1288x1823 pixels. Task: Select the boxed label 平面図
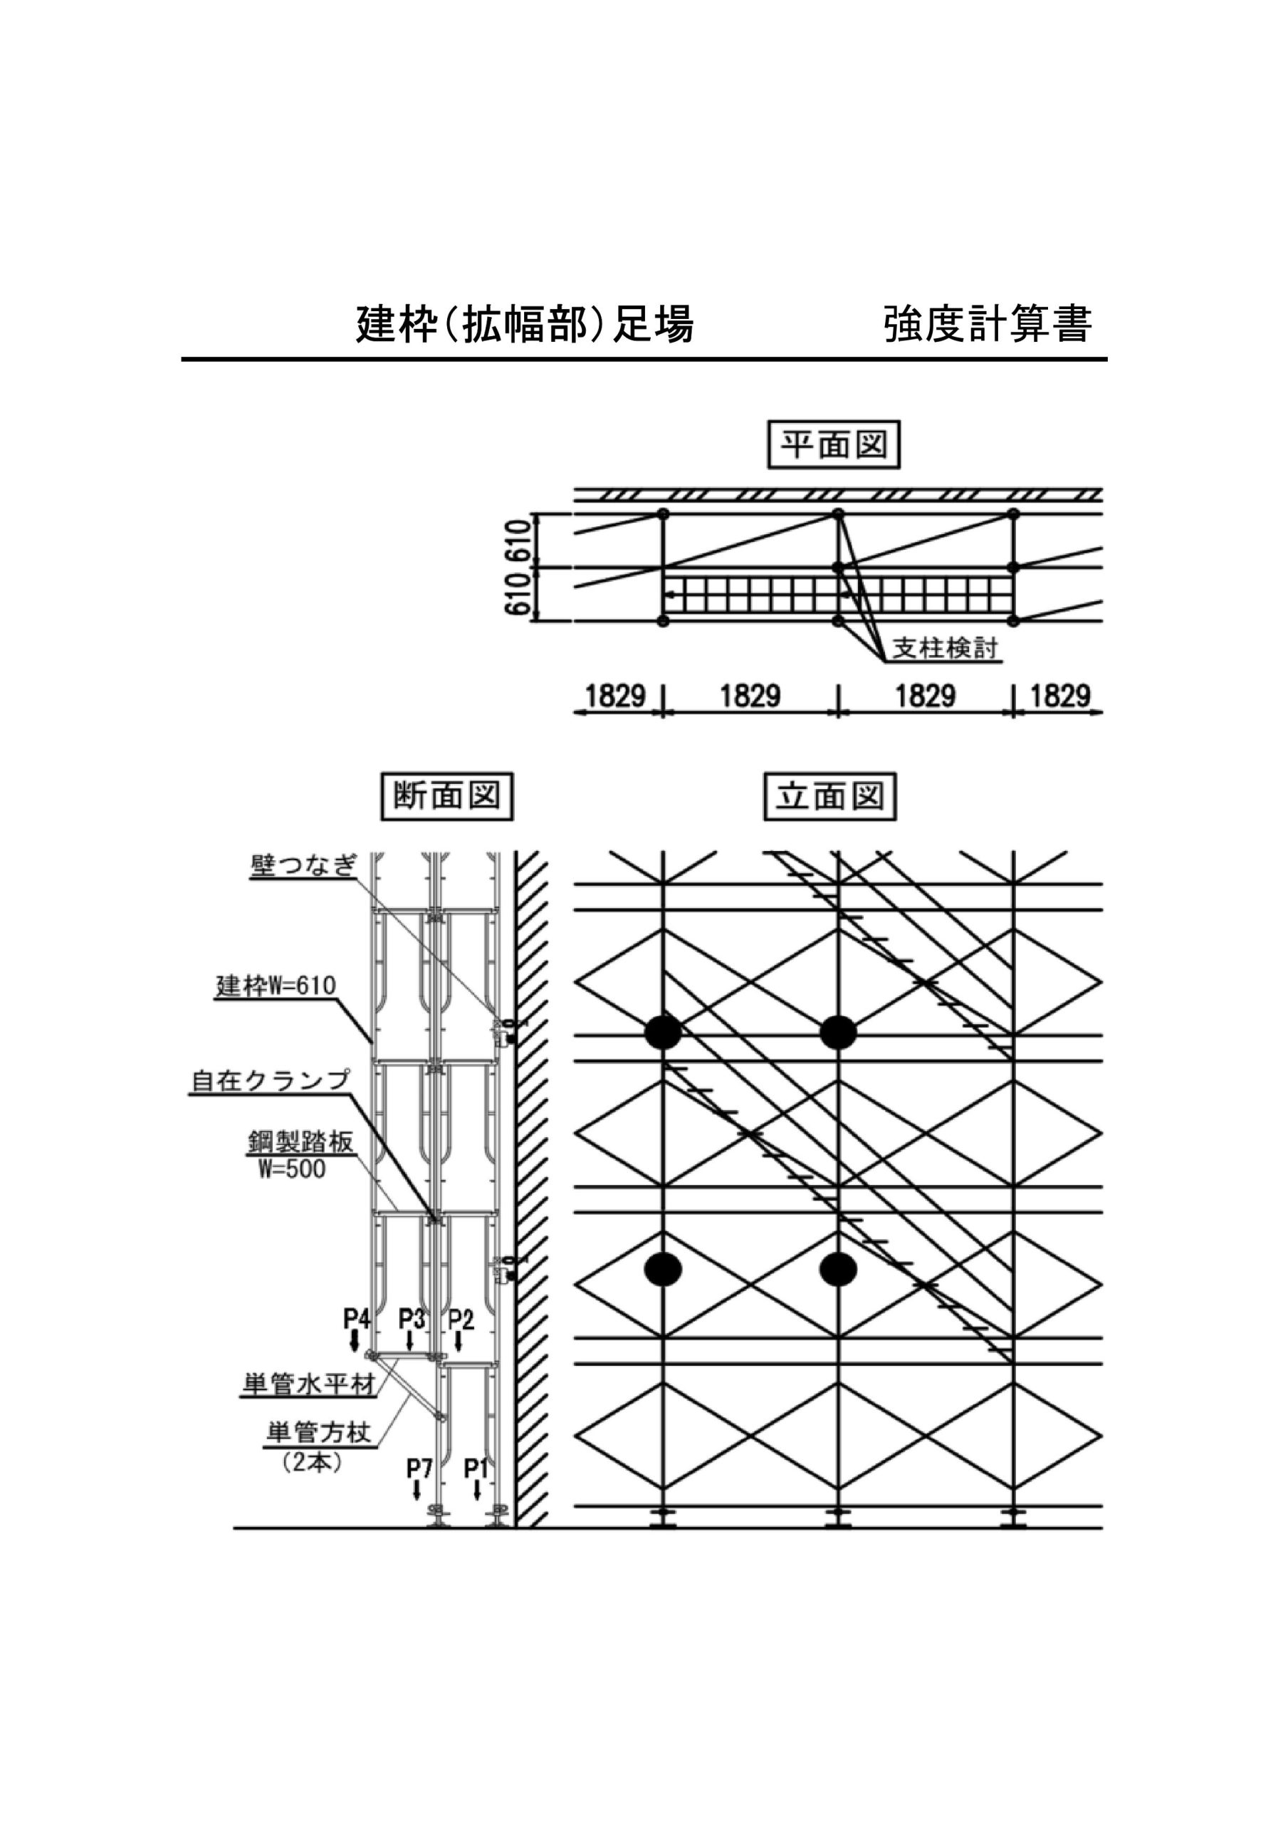point(833,444)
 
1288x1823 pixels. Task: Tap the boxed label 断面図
point(447,796)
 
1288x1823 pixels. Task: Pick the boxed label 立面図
point(829,796)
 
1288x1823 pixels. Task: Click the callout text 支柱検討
point(945,649)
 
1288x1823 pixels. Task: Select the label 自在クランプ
point(270,1080)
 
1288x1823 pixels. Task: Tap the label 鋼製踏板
point(300,1144)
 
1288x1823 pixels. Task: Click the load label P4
point(357,1319)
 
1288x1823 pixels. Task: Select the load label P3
point(411,1319)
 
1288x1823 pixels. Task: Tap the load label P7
point(419,1469)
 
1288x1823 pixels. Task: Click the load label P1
point(476,1469)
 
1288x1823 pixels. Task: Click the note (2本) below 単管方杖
point(312,1463)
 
